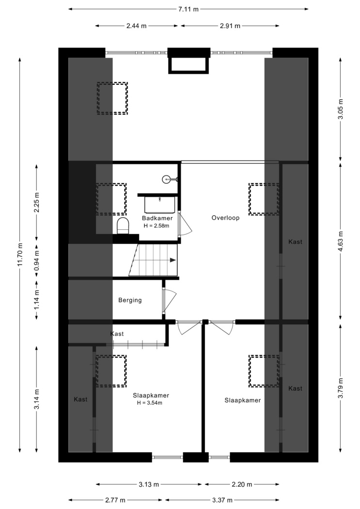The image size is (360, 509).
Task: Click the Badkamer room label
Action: (x=157, y=218)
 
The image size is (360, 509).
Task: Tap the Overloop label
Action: (x=225, y=218)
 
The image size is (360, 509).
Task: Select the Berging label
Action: (x=130, y=300)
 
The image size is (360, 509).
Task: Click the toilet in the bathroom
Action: (x=123, y=225)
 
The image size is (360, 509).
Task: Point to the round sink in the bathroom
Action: (x=167, y=178)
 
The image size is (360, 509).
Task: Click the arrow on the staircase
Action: (x=172, y=260)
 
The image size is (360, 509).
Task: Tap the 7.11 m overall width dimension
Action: (x=188, y=9)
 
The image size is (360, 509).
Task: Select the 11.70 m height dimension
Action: (x=20, y=255)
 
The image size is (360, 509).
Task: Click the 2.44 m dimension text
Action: (x=137, y=26)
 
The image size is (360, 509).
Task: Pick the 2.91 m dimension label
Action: (x=230, y=26)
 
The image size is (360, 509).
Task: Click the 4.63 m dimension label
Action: (x=340, y=241)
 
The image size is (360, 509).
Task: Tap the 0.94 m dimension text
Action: (x=37, y=260)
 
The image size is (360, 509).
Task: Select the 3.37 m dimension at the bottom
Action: (x=222, y=500)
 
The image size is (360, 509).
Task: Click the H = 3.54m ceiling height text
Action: (x=150, y=403)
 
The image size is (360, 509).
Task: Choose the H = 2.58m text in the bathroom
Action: (x=157, y=225)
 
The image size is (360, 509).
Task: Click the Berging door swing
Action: (x=170, y=300)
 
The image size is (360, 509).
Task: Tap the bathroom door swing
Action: (x=186, y=224)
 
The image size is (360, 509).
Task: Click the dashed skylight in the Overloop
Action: (x=264, y=199)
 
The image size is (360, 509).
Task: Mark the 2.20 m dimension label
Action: (x=242, y=485)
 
